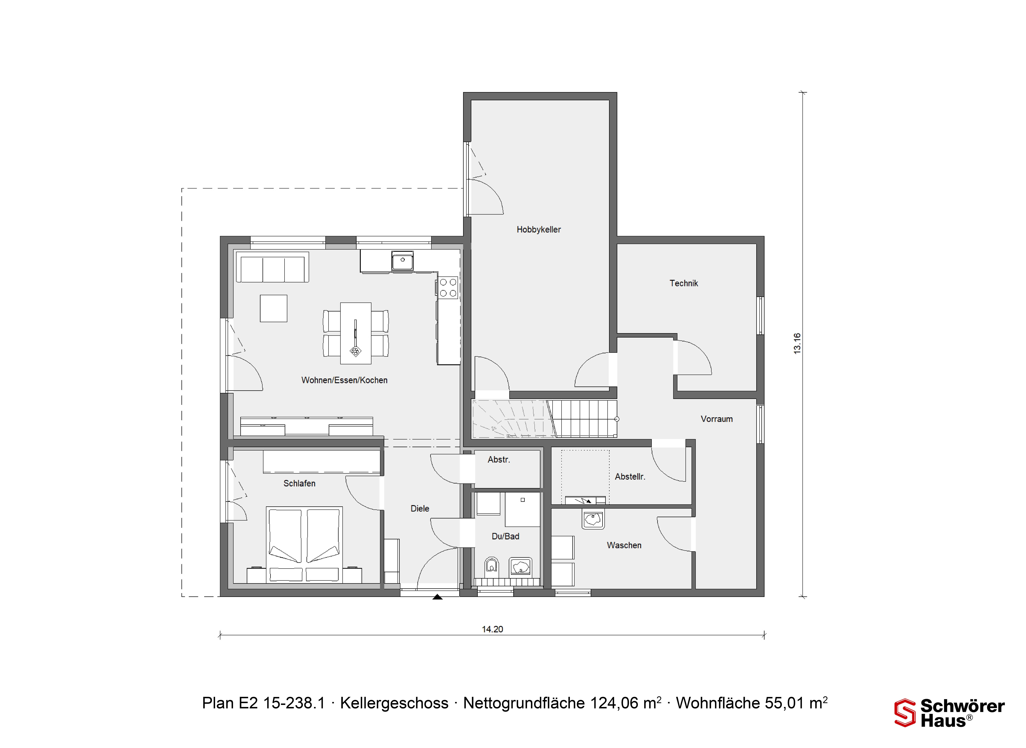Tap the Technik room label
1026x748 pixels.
click(684, 283)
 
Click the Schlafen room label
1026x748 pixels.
click(299, 484)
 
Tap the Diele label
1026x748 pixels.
click(420, 509)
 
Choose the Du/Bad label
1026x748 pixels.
click(505, 537)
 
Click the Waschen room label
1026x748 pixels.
click(624, 546)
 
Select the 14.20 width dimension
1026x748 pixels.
click(492, 629)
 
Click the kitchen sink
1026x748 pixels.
click(402, 261)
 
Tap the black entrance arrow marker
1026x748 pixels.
click(437, 597)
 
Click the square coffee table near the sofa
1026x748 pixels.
click(273, 308)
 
